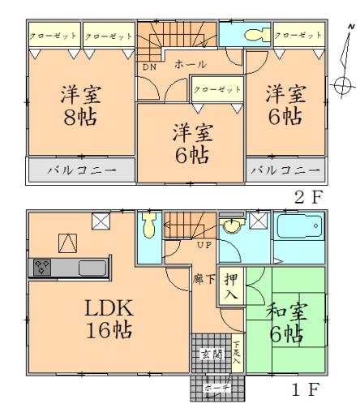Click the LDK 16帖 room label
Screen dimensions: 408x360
105,318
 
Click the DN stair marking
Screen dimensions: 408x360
149,67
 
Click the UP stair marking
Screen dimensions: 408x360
202,243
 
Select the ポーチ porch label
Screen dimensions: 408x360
211,388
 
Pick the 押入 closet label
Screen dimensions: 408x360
230,288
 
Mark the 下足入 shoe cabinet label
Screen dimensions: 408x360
236,354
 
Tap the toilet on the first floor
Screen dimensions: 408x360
150,229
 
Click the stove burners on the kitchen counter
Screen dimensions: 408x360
43,266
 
